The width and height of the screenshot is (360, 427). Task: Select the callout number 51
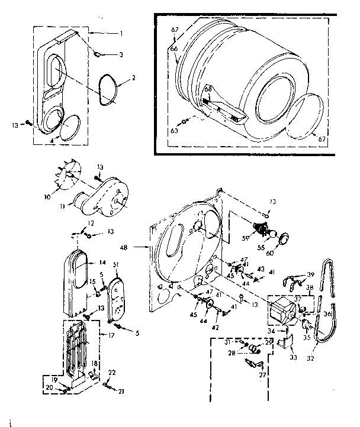point(116,264)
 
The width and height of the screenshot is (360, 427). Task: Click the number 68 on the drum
point(208,90)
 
